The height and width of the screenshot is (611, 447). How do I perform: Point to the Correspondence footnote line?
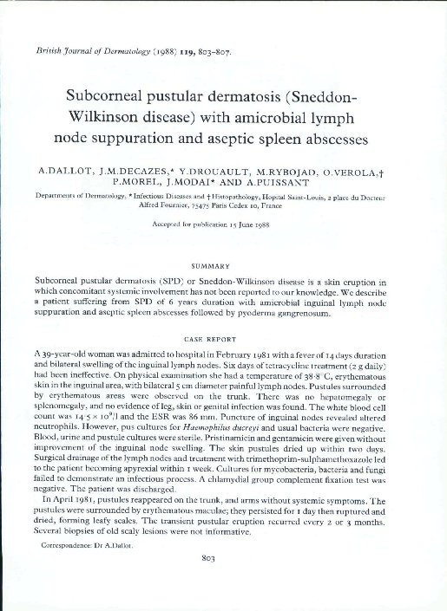pos(83,546)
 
